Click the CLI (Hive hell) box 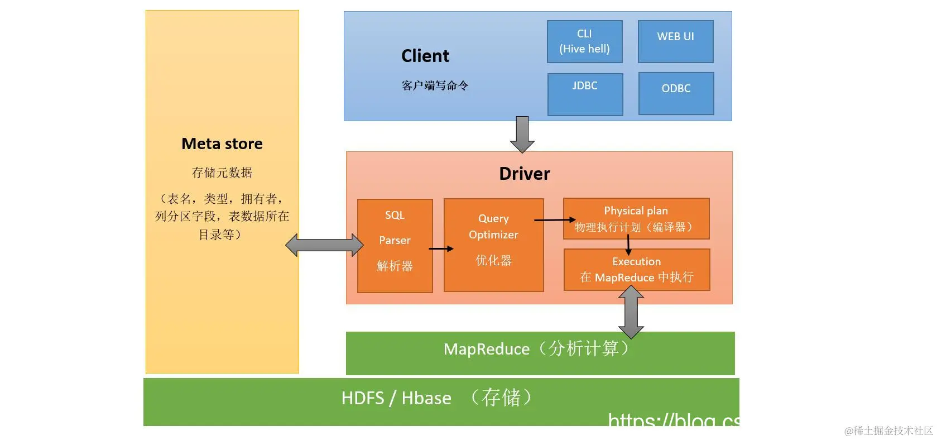point(584,41)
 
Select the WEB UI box point(675,41)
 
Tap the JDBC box point(585,94)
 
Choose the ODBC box point(676,93)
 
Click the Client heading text point(425,56)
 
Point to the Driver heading point(524,174)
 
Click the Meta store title point(222,144)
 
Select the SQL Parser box point(395,245)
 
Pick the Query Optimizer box point(493,245)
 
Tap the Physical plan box point(636,218)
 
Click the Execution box point(637,269)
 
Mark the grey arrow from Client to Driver point(522,134)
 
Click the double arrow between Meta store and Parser point(324,245)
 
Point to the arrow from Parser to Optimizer point(441,248)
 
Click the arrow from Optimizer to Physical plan point(554,220)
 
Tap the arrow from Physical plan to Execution point(628,245)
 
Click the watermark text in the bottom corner point(888,431)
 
